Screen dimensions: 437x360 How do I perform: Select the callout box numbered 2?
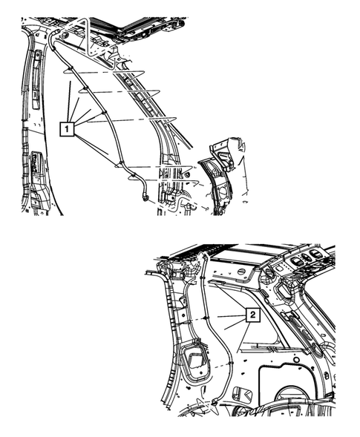click(253, 315)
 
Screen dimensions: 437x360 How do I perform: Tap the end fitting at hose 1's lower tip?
click(145, 198)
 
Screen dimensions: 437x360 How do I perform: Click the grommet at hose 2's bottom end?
click(214, 401)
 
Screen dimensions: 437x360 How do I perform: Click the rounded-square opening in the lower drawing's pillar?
click(197, 360)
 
